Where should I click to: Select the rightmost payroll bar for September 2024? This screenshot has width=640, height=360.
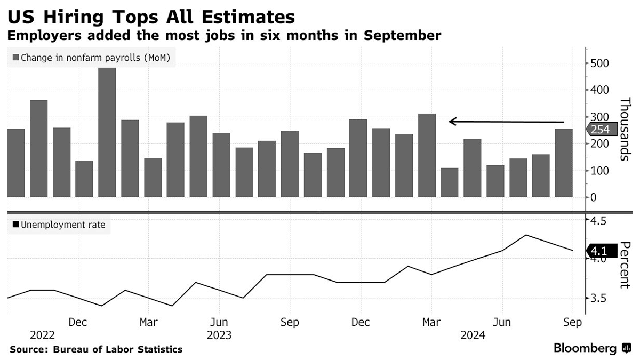coord(564,163)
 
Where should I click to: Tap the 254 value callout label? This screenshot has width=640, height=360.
coord(601,129)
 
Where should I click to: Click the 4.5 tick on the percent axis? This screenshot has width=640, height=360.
coord(597,220)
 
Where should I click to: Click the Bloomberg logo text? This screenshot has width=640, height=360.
coord(585,348)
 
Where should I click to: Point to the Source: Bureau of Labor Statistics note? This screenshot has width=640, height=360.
coord(96,349)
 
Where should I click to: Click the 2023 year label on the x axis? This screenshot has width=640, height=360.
coord(219,335)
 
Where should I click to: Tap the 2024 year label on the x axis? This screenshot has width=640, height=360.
coord(473,335)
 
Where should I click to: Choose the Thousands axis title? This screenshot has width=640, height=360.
coord(625,129)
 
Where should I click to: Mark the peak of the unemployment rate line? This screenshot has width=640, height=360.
coord(526,235)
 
